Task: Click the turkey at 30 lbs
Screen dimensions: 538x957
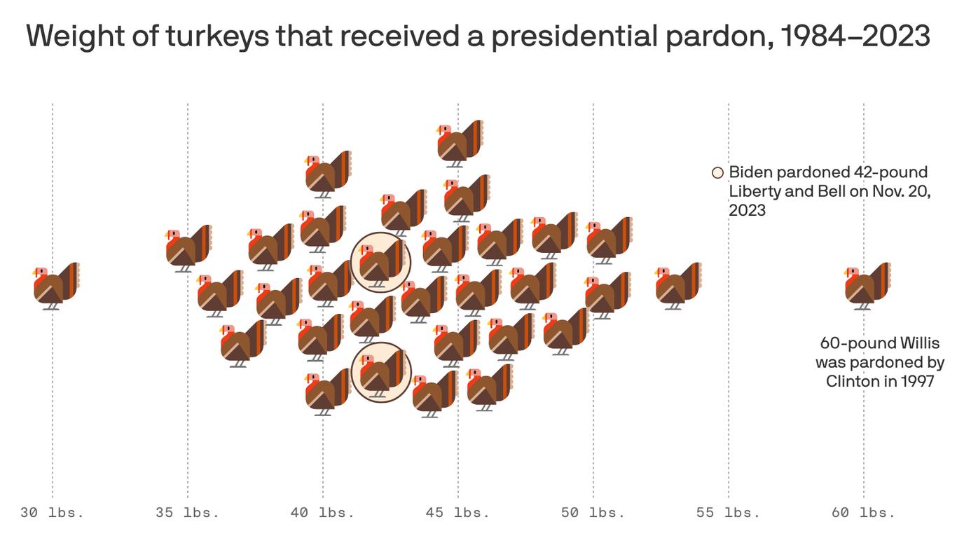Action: (55, 286)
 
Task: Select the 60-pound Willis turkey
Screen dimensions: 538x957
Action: (867, 286)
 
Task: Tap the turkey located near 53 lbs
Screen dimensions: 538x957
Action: (677, 286)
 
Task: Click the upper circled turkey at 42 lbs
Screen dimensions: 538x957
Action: (380, 262)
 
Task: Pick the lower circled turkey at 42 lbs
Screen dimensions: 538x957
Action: (380, 373)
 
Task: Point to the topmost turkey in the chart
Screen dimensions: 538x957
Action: (460, 143)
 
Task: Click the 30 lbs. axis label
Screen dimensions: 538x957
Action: (52, 513)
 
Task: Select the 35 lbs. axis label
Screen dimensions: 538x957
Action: (187, 513)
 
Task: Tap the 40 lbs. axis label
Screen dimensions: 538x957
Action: (322, 513)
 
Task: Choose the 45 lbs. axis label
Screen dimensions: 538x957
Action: (457, 513)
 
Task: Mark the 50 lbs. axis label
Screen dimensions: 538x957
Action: (593, 513)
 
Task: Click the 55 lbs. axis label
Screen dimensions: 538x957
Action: (728, 513)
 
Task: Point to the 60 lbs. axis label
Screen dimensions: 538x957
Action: (863, 513)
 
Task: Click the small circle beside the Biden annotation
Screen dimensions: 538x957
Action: (717, 173)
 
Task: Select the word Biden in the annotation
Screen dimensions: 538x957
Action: (750, 172)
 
